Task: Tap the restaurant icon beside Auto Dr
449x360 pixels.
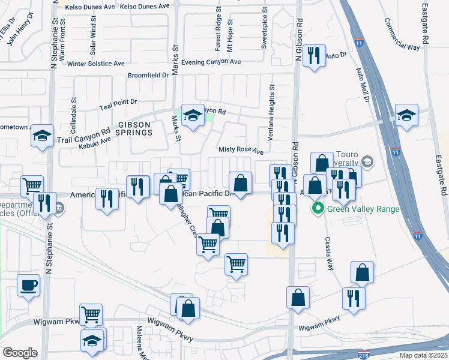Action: (x=314, y=56)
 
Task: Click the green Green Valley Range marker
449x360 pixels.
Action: (x=318, y=209)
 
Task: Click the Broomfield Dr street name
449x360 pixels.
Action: (x=148, y=76)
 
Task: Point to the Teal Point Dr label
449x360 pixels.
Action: (x=118, y=103)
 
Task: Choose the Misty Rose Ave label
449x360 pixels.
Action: (x=241, y=152)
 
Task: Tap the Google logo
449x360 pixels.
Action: (x=20, y=353)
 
